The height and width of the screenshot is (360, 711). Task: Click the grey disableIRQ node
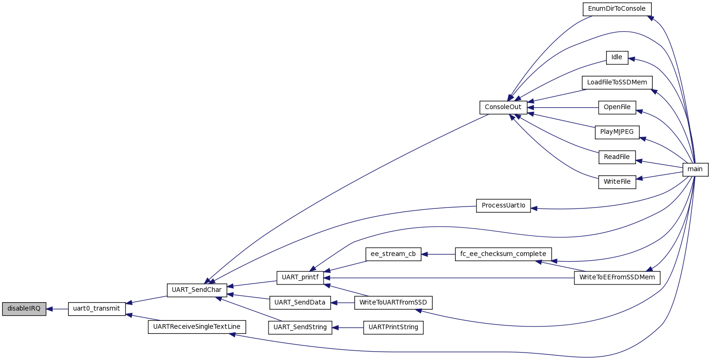(24, 309)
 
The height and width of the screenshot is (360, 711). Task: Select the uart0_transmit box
(97, 309)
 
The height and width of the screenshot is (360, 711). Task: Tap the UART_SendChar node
(197, 290)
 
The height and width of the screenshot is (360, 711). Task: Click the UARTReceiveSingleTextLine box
(197, 326)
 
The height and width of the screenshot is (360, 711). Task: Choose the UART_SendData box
(300, 303)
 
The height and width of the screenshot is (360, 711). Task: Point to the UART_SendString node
(300, 327)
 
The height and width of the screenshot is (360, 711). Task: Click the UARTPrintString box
(393, 327)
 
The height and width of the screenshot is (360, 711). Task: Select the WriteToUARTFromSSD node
(393, 303)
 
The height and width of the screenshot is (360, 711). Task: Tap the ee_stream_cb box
(393, 254)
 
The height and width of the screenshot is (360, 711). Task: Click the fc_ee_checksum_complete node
(503, 254)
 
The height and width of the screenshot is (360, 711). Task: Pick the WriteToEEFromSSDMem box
(617, 277)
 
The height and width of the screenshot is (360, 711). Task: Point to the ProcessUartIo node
(503, 206)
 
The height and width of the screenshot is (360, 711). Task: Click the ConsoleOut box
(503, 107)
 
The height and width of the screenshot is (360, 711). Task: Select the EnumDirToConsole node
(617, 9)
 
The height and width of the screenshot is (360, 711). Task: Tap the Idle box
(617, 57)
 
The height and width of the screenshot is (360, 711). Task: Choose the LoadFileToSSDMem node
(617, 83)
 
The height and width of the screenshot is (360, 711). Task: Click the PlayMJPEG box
(617, 132)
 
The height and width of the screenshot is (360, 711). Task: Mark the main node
(695, 169)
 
